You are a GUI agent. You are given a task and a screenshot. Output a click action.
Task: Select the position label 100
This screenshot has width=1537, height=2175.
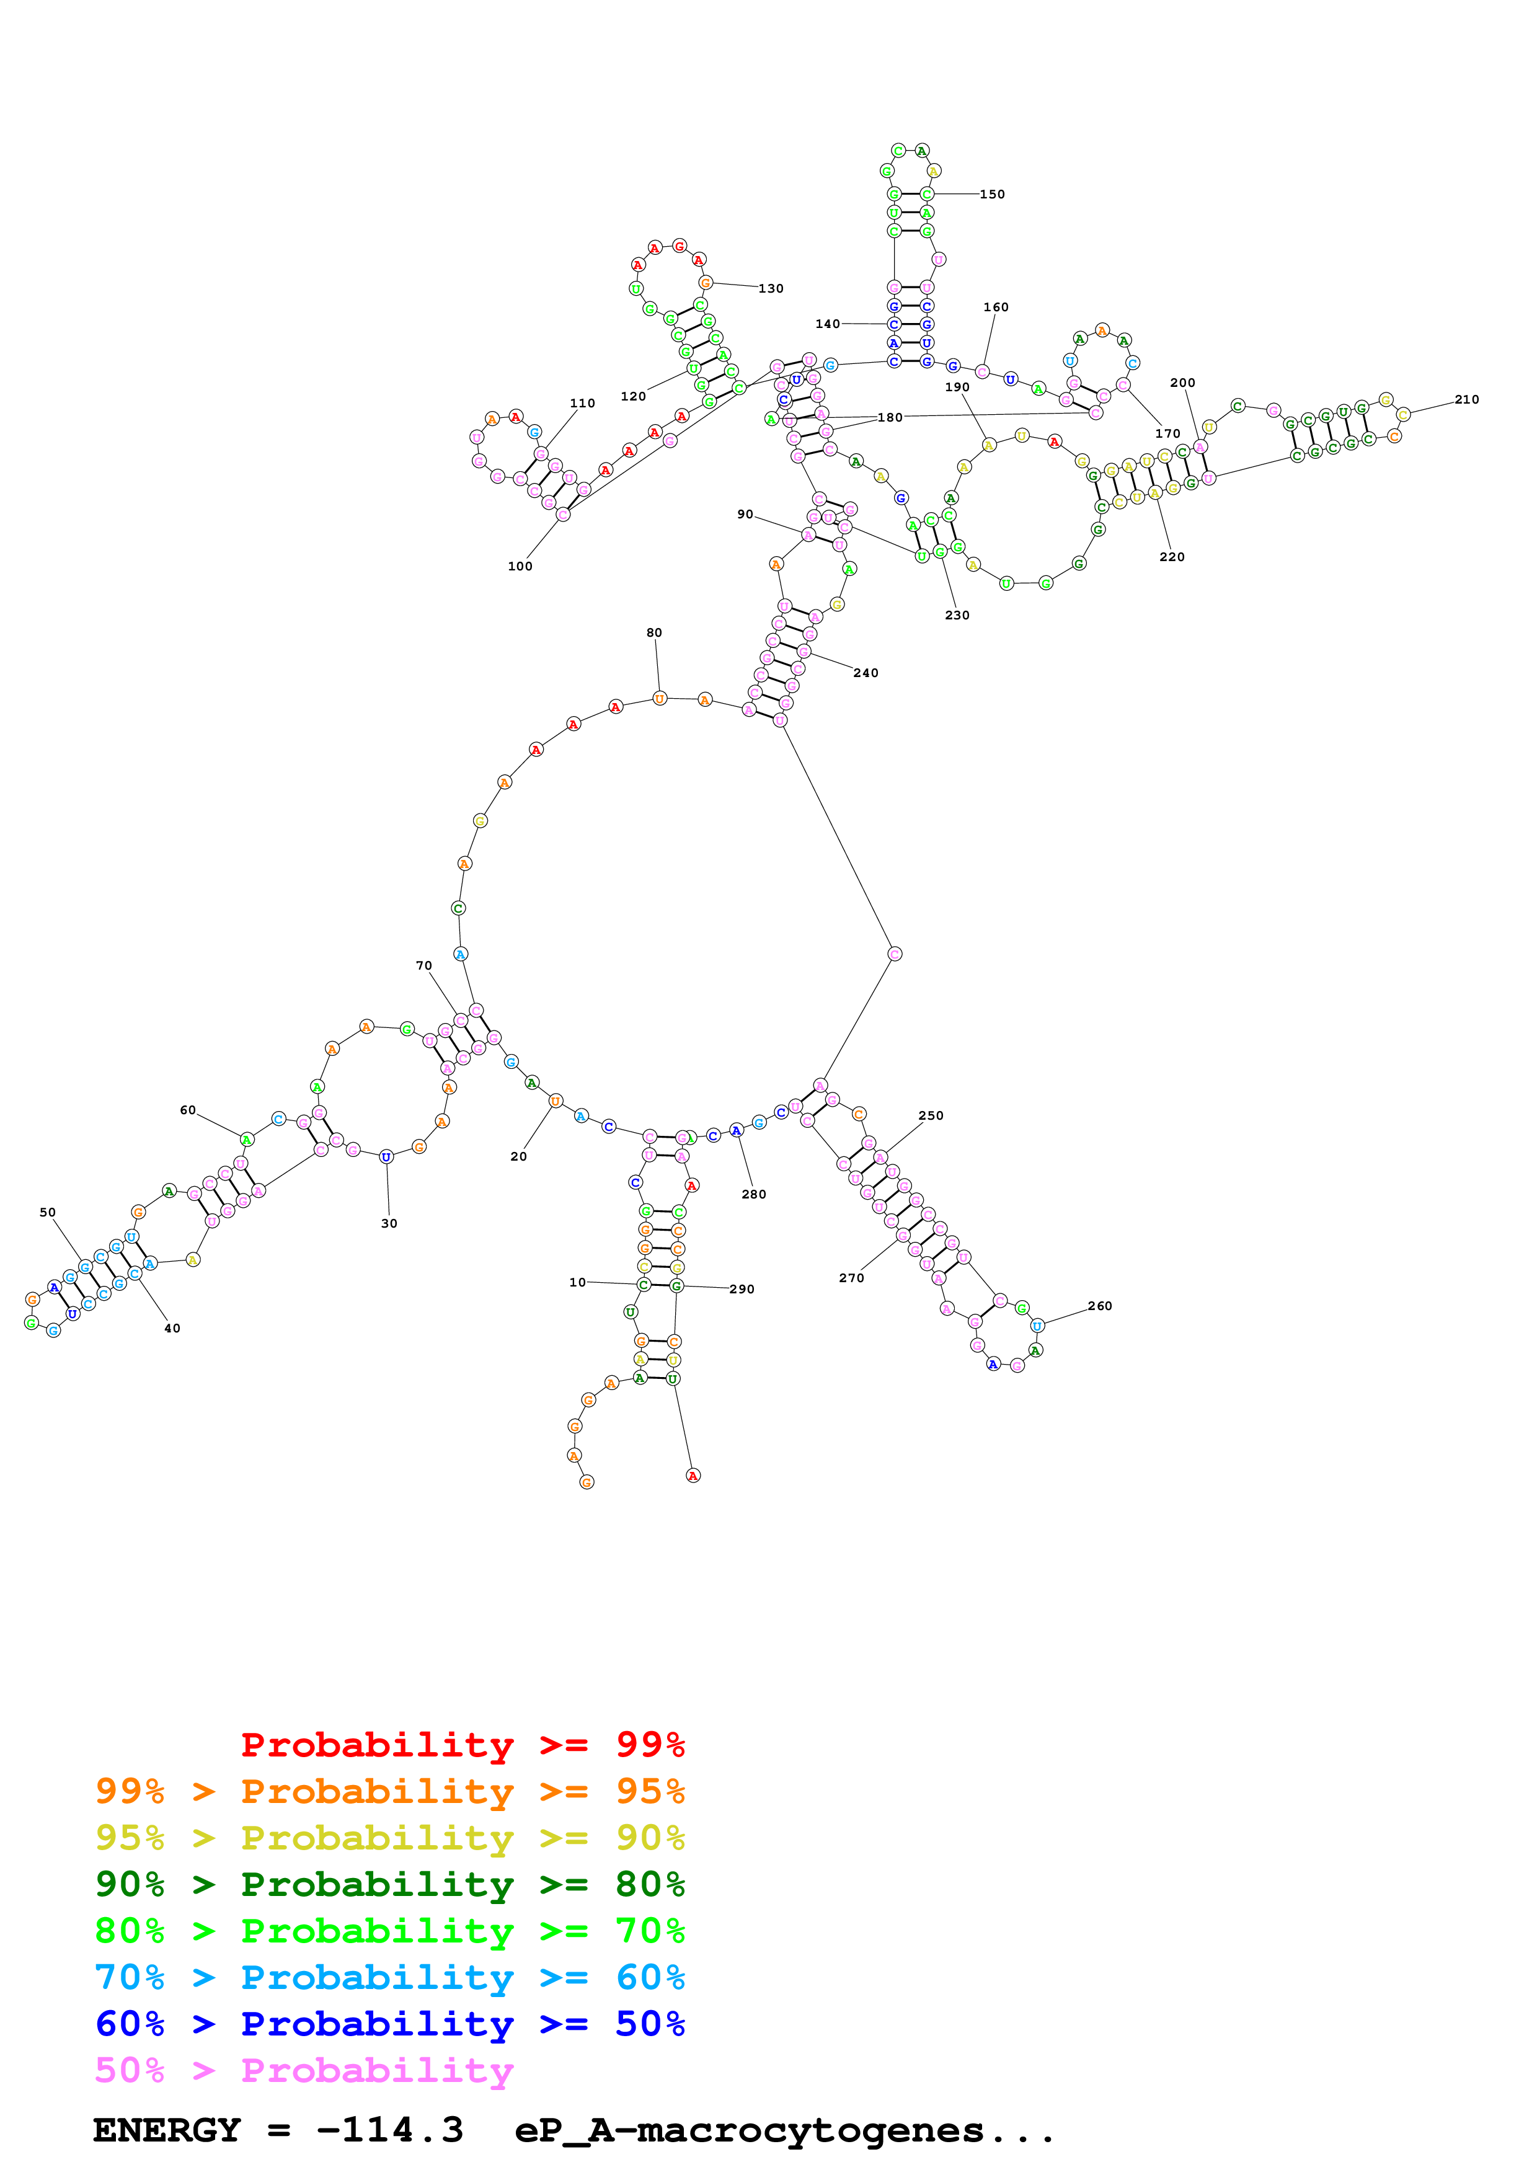(520, 567)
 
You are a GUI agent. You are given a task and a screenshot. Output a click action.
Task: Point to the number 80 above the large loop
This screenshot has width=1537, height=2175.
(654, 633)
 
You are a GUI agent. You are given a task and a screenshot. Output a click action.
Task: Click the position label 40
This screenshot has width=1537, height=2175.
(172, 1328)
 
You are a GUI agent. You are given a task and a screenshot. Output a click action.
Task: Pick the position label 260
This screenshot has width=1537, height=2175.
(1099, 1305)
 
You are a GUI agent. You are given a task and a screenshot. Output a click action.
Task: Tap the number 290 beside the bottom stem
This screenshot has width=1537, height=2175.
(742, 1289)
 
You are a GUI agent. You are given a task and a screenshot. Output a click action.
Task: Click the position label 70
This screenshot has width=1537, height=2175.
(424, 965)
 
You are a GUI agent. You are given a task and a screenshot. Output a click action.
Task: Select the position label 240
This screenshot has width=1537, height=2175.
(866, 673)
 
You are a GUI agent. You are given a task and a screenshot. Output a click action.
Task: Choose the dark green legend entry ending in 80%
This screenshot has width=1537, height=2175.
(389, 1884)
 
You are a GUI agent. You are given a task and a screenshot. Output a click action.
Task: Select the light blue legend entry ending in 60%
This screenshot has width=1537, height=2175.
(389, 1977)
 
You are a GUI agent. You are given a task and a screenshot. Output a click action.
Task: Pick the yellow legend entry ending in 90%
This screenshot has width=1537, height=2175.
(389, 1838)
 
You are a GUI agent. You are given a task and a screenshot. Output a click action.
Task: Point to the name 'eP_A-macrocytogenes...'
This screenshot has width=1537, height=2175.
(784, 2130)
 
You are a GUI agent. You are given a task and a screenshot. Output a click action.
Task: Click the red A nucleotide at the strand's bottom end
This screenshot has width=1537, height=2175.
(693, 1475)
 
